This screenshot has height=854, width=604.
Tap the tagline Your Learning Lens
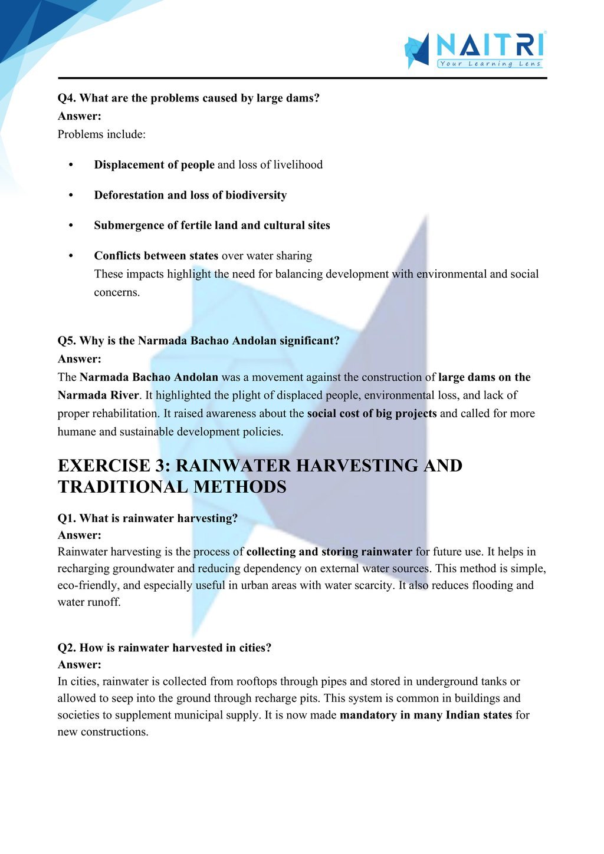pyautogui.click(x=490, y=64)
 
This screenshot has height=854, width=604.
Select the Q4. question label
pyautogui.click(x=67, y=98)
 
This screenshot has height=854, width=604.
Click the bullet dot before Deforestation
pyautogui.click(x=71, y=195)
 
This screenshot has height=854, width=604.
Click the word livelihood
pyautogui.click(x=298, y=164)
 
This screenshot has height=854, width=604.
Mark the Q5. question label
pyautogui.click(x=67, y=341)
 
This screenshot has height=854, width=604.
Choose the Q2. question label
pyautogui.click(x=67, y=648)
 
